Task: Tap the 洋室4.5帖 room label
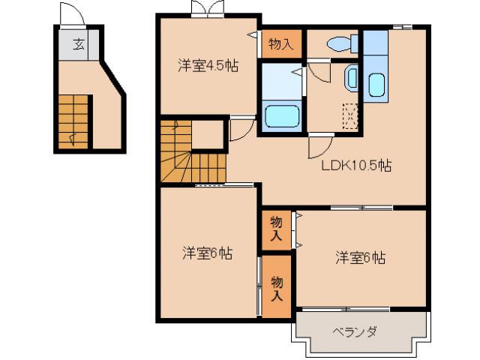[x=207, y=66]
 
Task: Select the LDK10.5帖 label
[x=356, y=166]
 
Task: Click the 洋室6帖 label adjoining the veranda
[x=359, y=258]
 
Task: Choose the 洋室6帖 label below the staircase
[x=205, y=253]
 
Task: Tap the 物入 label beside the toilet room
[x=280, y=44]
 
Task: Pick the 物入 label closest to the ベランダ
[x=277, y=288]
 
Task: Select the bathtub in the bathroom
[x=283, y=116]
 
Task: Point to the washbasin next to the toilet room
[x=351, y=76]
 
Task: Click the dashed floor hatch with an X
[x=349, y=117]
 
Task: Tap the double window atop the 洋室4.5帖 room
[x=208, y=8]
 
